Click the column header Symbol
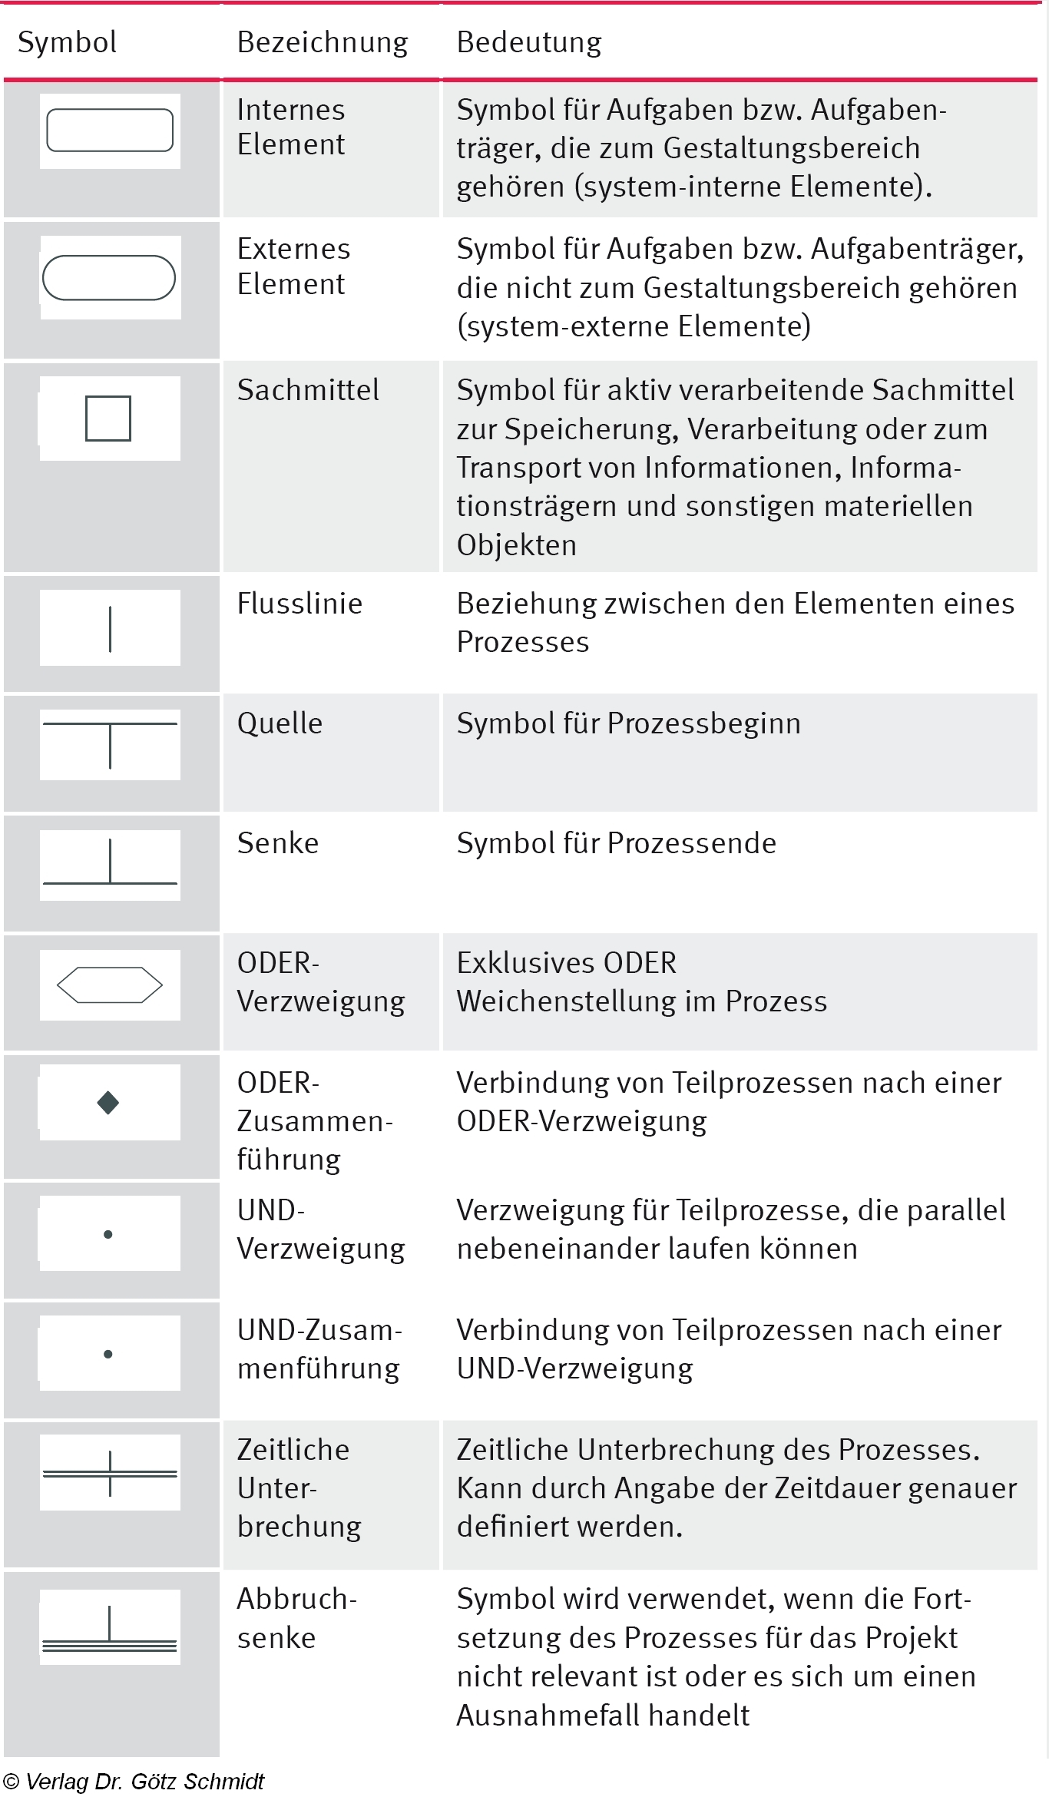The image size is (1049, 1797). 67,42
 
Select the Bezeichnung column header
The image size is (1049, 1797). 322,42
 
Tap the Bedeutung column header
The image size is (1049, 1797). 528,42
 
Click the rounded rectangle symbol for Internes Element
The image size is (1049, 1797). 110,131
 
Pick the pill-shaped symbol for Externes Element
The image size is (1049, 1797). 109,277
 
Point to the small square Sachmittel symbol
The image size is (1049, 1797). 108,419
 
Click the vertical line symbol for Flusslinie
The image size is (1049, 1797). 111,629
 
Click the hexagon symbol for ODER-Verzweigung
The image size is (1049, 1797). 110,985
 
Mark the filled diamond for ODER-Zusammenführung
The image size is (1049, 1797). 108,1103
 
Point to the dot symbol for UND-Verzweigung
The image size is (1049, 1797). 108,1234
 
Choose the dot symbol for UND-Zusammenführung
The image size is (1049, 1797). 108,1354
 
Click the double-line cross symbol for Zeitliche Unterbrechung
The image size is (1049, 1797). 110,1474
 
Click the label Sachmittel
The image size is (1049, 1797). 307,390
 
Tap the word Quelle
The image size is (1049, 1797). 280,723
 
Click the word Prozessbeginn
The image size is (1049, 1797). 703,723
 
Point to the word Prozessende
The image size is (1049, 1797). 691,843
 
